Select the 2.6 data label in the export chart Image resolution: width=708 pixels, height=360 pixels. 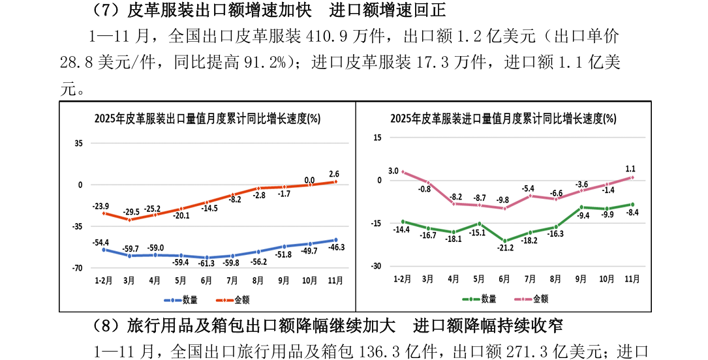[334, 174]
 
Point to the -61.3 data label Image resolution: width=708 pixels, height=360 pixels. [207, 263]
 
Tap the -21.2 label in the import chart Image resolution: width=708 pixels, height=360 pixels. [504, 249]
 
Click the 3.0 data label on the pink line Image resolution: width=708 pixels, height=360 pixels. [393, 172]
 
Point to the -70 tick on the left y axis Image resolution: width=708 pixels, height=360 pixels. [77, 268]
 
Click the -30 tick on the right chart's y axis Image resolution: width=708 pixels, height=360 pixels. [376, 266]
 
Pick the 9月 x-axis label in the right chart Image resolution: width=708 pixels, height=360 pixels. [581, 278]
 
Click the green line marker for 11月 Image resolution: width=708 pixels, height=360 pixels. [632, 205]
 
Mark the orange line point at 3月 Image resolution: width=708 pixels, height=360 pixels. [129, 220]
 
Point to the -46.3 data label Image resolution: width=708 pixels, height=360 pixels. [336, 248]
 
